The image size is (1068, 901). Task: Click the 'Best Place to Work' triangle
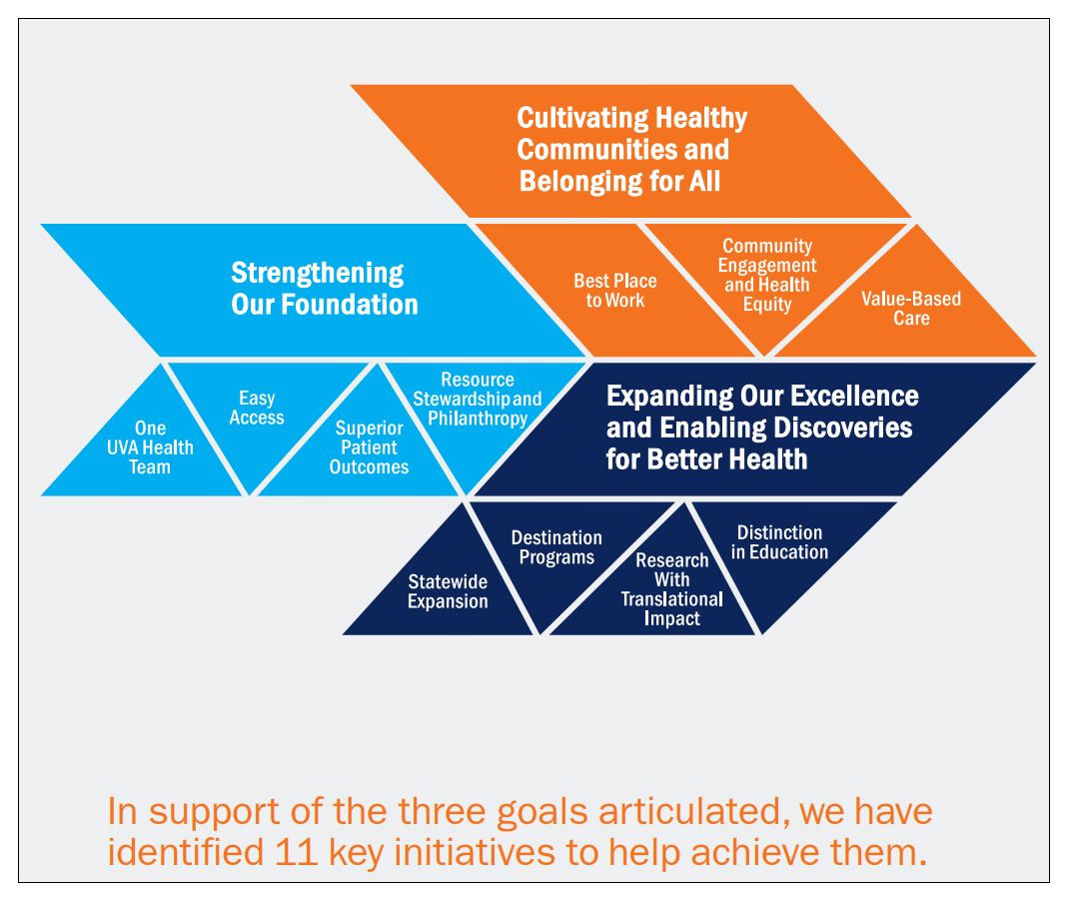(614, 291)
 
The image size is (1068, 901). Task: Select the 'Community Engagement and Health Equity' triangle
(767, 275)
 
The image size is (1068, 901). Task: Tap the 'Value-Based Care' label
(911, 309)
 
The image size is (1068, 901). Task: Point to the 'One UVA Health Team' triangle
(150, 449)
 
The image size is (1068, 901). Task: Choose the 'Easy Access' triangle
(257, 408)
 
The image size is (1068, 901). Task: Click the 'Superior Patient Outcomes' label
(369, 448)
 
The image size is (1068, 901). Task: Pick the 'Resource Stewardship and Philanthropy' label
(478, 399)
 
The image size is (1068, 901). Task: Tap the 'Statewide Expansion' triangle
(448, 590)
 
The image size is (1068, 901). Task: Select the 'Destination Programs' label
(556, 547)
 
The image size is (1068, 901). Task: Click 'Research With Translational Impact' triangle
(671, 589)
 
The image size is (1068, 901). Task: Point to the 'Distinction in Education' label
(780, 542)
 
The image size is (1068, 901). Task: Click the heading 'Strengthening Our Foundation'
(324, 288)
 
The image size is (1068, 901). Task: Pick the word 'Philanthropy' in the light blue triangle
(478, 419)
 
